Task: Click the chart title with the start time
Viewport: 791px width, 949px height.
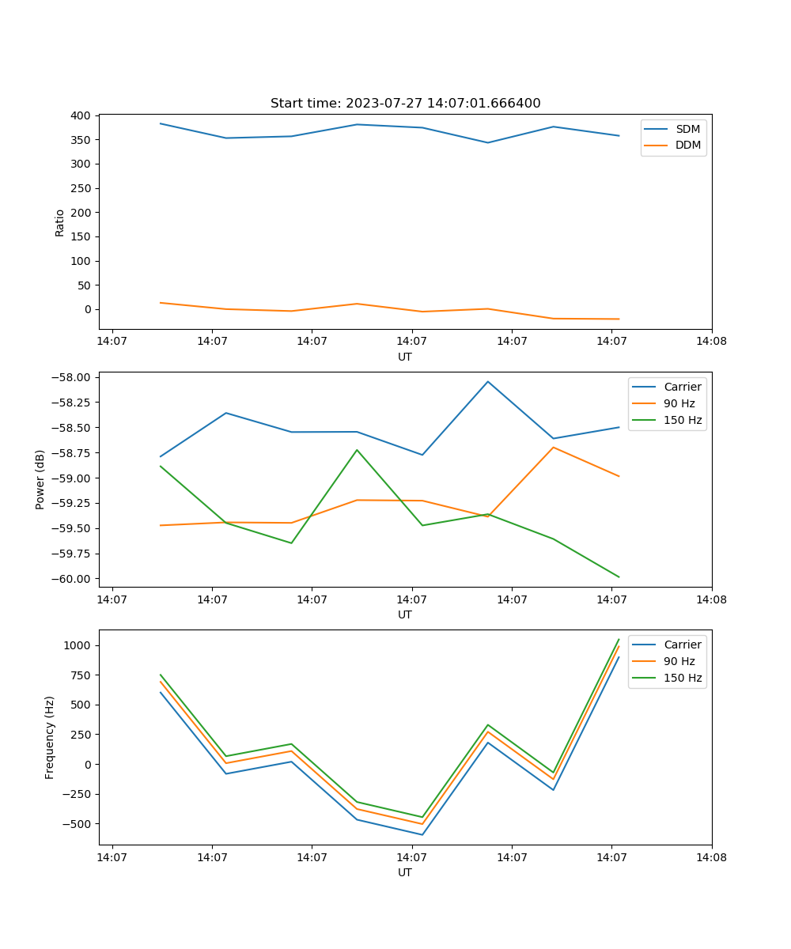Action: click(405, 104)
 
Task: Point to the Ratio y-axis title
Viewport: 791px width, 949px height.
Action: click(60, 222)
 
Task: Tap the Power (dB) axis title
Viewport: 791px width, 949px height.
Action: click(40, 479)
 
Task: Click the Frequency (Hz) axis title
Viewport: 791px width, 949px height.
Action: click(50, 737)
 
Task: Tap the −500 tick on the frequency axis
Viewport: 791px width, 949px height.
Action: click(79, 823)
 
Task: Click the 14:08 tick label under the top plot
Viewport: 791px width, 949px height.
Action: click(711, 342)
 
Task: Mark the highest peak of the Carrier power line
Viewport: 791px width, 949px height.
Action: click(488, 381)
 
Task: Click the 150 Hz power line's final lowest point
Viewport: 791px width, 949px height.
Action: click(619, 577)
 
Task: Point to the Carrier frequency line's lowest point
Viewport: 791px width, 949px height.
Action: click(422, 834)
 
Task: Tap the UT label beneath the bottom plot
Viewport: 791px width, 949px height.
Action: click(405, 872)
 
